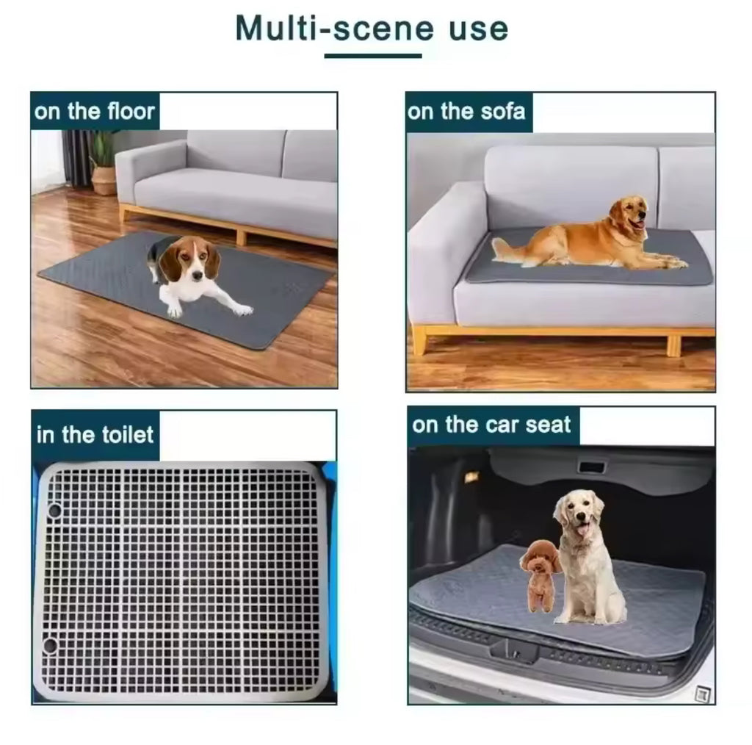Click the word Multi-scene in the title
coord(335,29)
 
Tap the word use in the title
coord(478,29)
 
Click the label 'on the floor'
coord(95,111)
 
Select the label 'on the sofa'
coord(466,111)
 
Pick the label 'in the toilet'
coord(95,435)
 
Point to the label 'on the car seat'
coord(491,425)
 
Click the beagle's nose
coord(197,276)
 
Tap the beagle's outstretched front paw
coord(242,310)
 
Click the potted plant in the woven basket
coord(103,165)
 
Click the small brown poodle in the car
coord(540,575)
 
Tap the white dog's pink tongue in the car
coord(582,529)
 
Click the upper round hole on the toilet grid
coord(54,510)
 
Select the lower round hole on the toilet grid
coord(50,645)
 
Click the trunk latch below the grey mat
coord(516,651)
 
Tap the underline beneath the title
coord(373,56)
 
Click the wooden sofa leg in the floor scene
coord(241,237)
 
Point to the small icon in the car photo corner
coord(703,694)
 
